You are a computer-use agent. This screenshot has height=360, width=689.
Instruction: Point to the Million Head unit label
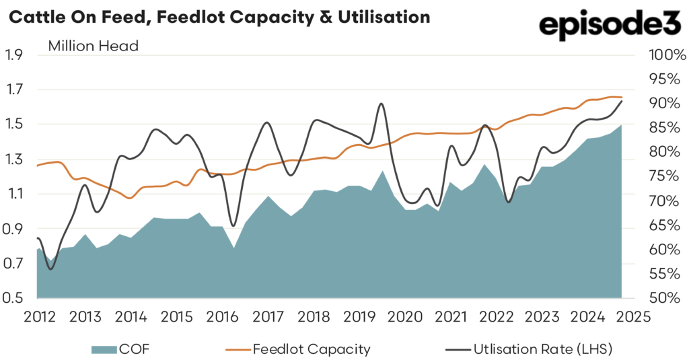pos(93,46)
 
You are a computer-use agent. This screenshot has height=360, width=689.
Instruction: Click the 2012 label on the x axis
pos(38,317)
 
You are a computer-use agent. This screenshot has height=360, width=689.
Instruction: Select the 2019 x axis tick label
pos(357,317)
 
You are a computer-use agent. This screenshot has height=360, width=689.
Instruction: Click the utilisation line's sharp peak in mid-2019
pos(382,104)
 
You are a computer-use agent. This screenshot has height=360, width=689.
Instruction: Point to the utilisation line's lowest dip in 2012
pos(50,269)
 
